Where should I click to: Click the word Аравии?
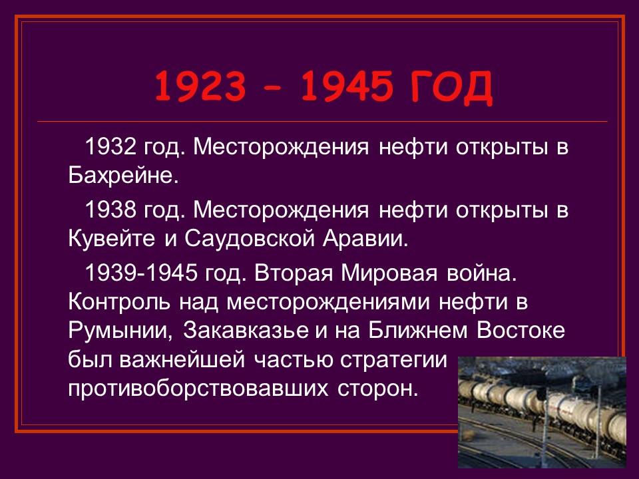click(x=373, y=239)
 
